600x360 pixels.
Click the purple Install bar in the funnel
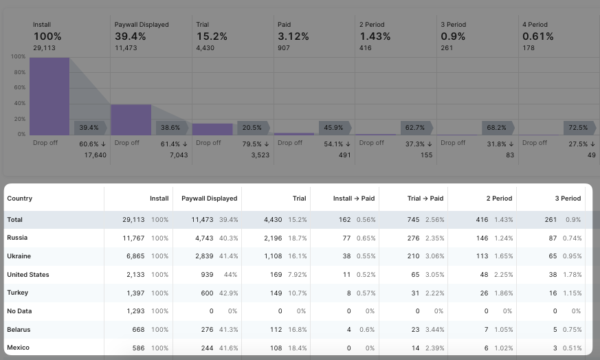[49, 96]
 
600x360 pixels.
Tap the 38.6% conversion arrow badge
[172, 128]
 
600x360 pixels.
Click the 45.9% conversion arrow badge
[335, 128]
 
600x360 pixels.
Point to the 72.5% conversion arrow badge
[579, 128]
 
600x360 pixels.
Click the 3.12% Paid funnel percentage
[293, 36]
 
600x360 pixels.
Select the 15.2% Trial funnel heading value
[211, 36]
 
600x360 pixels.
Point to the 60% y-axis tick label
[19, 88]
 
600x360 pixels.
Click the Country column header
[20, 199]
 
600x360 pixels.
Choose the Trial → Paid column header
[425, 199]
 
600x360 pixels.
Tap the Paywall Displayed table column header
[210, 199]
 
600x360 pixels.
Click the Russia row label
[17, 238]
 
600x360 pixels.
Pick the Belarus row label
[19, 330]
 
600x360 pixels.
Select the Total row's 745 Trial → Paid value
[413, 220]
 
